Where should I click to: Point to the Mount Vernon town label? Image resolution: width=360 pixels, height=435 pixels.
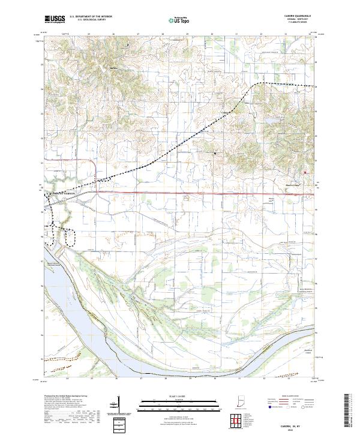coord(65,193)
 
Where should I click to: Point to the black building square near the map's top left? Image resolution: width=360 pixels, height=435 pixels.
coord(127,45)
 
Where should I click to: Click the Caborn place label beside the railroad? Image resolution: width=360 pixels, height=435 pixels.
coord(226,112)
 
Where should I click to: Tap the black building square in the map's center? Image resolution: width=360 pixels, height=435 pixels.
coord(215,154)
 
